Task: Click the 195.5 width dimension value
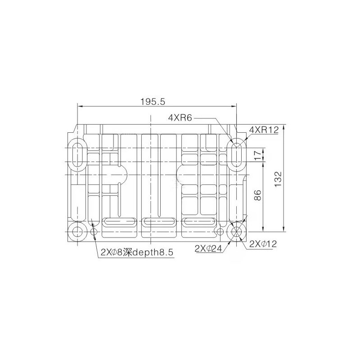(x=153, y=102)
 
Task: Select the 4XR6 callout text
(x=180, y=118)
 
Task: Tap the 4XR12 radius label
(x=264, y=130)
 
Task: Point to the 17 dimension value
(x=258, y=155)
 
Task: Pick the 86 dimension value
(x=258, y=195)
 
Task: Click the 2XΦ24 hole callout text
(x=208, y=248)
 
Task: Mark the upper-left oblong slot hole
(x=78, y=155)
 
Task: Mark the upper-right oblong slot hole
(x=236, y=155)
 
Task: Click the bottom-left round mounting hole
(x=78, y=232)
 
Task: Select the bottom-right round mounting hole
(x=236, y=232)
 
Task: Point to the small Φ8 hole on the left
(x=94, y=232)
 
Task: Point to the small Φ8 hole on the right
(x=220, y=232)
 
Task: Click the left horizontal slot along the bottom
(x=119, y=221)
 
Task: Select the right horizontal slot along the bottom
(x=199, y=221)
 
